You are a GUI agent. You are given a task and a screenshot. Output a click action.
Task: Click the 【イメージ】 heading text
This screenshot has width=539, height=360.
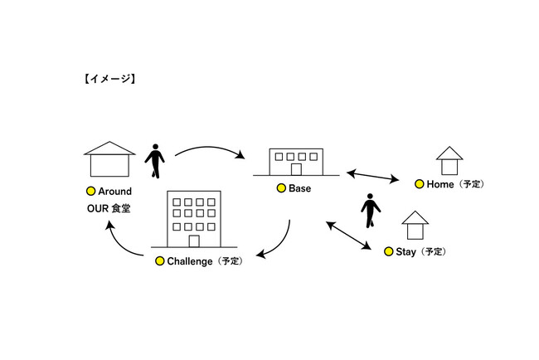pos(109,80)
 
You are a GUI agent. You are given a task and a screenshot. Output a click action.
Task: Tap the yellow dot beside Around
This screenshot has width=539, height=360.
pos(92,192)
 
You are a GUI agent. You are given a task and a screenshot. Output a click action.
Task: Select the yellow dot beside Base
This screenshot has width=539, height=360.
pos(281,189)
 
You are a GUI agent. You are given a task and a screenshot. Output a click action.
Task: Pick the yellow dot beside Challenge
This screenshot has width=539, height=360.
pos(160,261)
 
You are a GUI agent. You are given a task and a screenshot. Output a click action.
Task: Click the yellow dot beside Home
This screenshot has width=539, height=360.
pos(420,184)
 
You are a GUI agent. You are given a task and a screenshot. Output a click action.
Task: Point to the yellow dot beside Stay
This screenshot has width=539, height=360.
pos(389,251)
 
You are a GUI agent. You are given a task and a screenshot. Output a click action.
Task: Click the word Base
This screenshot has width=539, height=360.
pos(299,189)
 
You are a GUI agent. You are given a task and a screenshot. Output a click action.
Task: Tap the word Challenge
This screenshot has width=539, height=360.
pos(191,261)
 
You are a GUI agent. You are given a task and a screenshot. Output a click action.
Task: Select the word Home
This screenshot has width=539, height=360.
pos(440,184)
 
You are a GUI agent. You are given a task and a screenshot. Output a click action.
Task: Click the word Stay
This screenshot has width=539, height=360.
pos(406,251)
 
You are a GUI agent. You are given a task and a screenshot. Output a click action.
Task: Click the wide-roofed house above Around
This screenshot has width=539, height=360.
pos(109,158)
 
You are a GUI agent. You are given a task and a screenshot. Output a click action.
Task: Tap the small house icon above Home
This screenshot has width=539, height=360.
pos(449,160)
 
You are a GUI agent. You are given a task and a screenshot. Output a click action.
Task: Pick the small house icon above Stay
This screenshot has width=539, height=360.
pos(415,226)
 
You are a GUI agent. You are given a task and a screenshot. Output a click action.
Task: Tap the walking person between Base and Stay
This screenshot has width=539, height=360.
pos(371,211)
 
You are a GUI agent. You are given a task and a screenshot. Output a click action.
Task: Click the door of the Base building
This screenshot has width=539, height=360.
pos(295,169)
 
